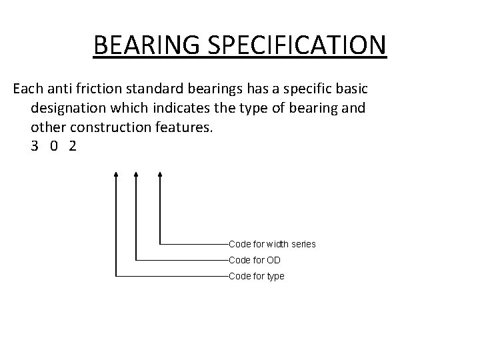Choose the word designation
click(69, 108)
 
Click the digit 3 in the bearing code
click(35, 146)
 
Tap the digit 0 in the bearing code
click(53, 146)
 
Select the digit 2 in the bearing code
click(72, 146)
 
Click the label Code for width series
click(272, 245)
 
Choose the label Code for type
click(256, 275)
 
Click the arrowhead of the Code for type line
click(117, 173)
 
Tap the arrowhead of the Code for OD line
click(136, 173)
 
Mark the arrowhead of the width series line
click(160, 173)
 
